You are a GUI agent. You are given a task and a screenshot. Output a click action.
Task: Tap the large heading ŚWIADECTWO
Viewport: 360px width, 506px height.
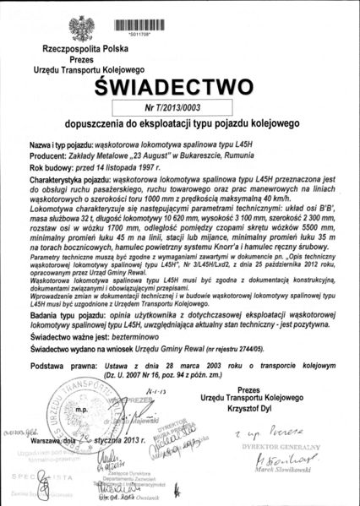[x=180, y=87]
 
